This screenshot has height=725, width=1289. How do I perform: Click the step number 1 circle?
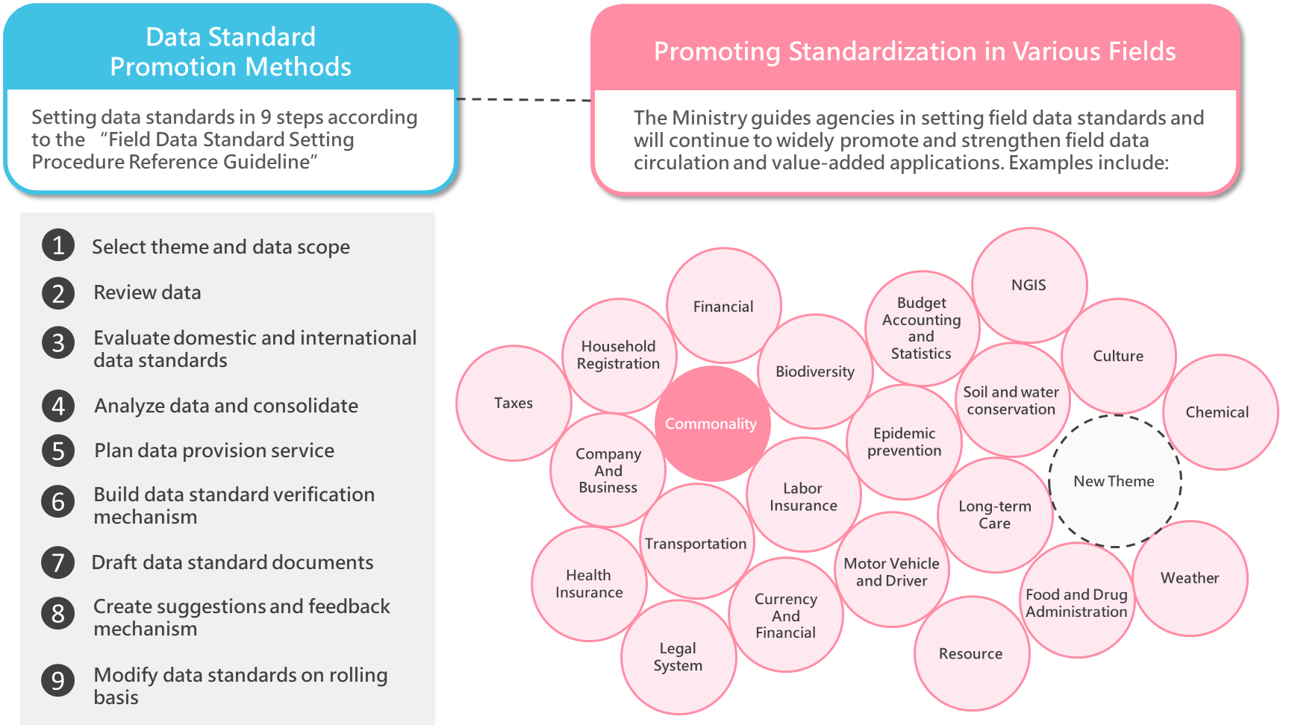click(58, 245)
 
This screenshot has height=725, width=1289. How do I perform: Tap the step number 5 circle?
click(58, 451)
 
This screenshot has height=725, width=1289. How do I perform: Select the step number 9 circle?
click(58, 680)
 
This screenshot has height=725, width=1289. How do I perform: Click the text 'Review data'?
click(147, 292)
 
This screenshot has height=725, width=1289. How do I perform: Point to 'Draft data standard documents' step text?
click(232, 562)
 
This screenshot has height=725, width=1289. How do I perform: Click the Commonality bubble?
click(711, 424)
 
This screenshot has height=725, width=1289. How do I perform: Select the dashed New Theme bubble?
click(1114, 481)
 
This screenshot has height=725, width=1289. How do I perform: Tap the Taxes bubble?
click(514, 403)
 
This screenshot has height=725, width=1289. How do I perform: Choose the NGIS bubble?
click(1029, 285)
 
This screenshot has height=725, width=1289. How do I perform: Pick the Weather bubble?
click(1190, 578)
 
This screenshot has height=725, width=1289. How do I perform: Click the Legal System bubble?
click(678, 656)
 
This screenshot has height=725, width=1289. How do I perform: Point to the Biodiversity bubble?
click(815, 371)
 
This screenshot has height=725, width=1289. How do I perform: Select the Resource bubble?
click(970, 653)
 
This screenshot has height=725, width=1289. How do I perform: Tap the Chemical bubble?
click(1217, 412)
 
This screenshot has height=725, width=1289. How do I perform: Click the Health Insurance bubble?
click(589, 583)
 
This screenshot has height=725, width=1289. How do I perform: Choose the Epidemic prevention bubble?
click(904, 442)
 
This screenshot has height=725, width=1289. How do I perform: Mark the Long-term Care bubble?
click(995, 515)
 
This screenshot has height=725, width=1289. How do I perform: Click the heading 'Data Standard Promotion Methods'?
click(231, 51)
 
